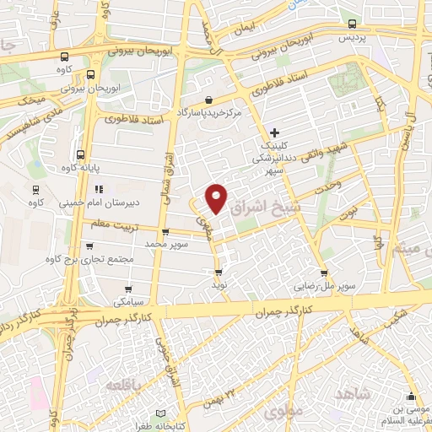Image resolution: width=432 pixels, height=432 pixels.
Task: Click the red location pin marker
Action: pos(217,197)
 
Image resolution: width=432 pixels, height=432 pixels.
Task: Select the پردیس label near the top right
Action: pos(354,39)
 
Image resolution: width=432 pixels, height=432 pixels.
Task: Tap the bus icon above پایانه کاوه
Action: pos(79,154)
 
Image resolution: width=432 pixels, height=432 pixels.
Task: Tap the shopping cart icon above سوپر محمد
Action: pos(165,233)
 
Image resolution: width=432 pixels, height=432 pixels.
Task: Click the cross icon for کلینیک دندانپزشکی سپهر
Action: pos(274,132)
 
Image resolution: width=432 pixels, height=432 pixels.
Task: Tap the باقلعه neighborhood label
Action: pos(127,385)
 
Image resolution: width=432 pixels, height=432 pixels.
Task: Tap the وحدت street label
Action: pos(327,183)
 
